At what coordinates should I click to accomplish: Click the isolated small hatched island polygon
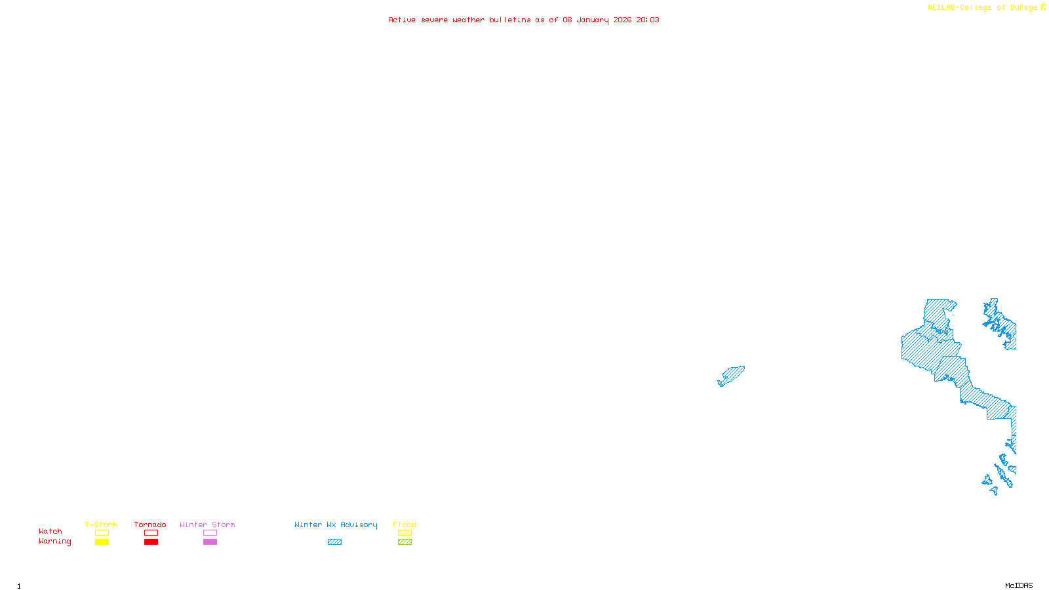pyautogui.click(x=732, y=376)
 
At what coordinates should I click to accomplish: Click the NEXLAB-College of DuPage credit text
pyautogui.click(x=983, y=8)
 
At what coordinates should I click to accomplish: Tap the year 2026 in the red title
pyautogui.click(x=622, y=20)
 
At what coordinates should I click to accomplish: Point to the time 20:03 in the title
pyautogui.click(x=648, y=20)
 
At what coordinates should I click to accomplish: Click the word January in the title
pyautogui.click(x=593, y=20)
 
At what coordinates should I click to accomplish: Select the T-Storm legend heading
pyautogui.click(x=101, y=524)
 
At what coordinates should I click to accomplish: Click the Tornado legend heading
pyautogui.click(x=150, y=524)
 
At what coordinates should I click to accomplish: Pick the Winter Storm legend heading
pyautogui.click(x=207, y=524)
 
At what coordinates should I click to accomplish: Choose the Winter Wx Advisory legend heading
pyautogui.click(x=336, y=524)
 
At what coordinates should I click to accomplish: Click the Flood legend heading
pyautogui.click(x=405, y=524)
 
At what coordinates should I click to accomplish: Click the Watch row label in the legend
pyautogui.click(x=50, y=531)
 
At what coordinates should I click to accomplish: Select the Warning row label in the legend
pyautogui.click(x=55, y=541)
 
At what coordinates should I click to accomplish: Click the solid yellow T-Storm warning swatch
pyautogui.click(x=102, y=542)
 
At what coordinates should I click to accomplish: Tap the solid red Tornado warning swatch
pyautogui.click(x=151, y=542)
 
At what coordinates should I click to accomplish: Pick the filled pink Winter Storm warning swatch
pyautogui.click(x=210, y=542)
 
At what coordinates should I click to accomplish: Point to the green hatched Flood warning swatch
pyautogui.click(x=405, y=542)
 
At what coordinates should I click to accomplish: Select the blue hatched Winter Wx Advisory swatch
pyautogui.click(x=334, y=542)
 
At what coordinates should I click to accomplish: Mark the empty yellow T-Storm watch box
pyautogui.click(x=102, y=533)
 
